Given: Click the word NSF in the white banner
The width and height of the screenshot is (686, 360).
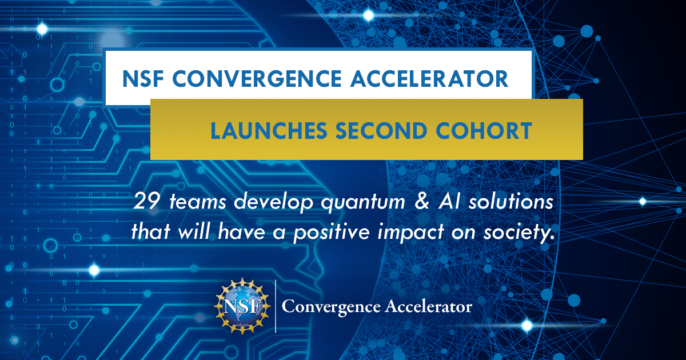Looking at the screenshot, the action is pos(143,79).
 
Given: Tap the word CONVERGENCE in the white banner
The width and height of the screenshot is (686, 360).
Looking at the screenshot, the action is pos(257,79).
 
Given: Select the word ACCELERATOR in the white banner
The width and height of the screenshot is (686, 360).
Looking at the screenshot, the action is pos(430,79).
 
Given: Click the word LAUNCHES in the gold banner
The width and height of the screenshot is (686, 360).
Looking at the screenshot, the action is pos(269,131).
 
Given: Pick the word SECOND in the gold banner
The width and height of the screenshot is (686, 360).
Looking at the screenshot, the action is pos(381,131).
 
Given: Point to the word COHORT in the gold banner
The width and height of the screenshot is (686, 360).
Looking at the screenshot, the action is pos(484,131).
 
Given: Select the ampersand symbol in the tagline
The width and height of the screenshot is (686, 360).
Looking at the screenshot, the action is pos(422,201).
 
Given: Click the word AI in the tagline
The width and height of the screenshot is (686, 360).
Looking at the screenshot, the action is pos(449,201).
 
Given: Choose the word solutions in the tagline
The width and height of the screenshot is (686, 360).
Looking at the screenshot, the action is pos(511,201).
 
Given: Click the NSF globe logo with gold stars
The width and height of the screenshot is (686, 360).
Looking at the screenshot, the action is pos(242,306).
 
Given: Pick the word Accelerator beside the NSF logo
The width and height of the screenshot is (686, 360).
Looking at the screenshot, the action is pos(428,306).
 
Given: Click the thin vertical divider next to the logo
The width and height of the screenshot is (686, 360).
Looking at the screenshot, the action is pos(276,306).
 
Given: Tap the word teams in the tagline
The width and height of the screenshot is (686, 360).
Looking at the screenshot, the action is pos(198,202).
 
